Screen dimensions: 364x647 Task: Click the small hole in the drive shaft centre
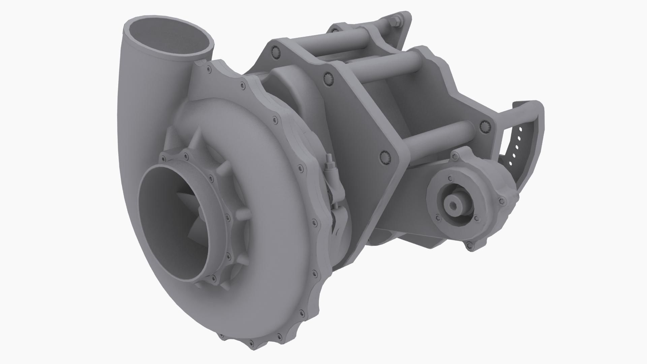click(452, 204)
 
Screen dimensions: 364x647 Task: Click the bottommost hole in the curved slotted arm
click(511, 164)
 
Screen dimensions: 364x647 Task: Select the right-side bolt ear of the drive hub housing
click(502, 201)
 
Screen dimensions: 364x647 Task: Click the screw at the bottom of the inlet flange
click(213, 278)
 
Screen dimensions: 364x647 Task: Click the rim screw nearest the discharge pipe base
click(208, 69)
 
